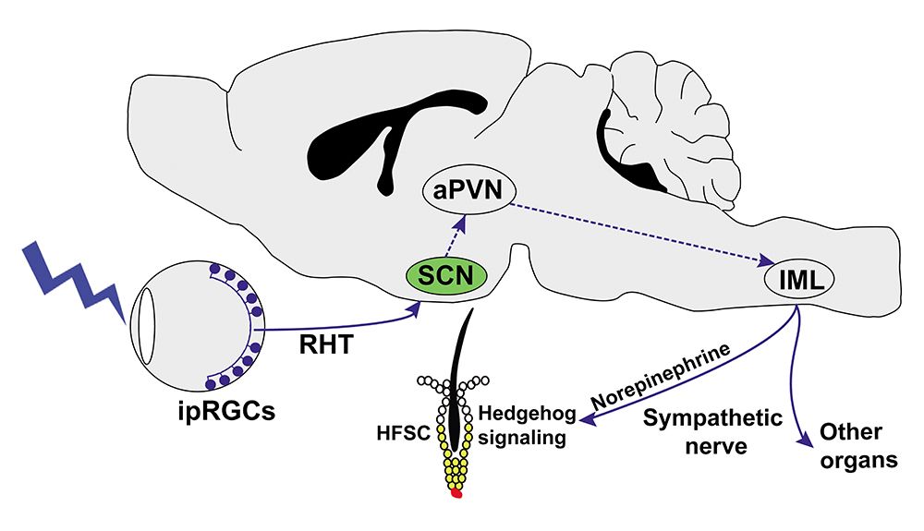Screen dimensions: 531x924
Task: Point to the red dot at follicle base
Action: click(456, 494)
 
